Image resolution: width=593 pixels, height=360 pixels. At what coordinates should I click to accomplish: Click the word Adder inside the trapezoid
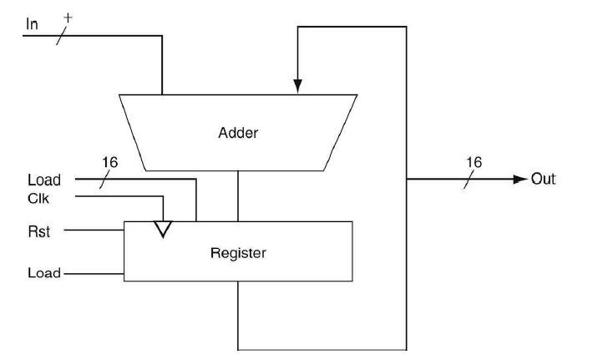[x=239, y=133]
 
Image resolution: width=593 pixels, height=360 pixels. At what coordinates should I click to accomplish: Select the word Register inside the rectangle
[x=239, y=252]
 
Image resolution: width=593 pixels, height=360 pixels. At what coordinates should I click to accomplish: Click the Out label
[x=545, y=179]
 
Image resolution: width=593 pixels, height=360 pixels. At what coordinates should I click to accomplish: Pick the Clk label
[x=38, y=198]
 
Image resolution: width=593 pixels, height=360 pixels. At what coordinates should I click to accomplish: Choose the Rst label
[x=38, y=231]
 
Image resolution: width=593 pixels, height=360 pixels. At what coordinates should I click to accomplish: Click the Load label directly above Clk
[x=44, y=180]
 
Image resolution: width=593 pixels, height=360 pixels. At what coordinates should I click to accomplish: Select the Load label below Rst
[x=43, y=273]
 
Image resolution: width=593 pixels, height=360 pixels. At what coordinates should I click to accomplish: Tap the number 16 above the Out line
[x=474, y=161]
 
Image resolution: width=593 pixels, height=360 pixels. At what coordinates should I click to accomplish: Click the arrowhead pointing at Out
[x=520, y=179]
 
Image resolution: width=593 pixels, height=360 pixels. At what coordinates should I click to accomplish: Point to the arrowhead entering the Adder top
[x=297, y=85]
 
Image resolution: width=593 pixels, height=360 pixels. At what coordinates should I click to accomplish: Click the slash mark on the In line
[x=59, y=36]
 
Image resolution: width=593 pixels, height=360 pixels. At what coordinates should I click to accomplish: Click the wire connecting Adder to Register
[x=239, y=195]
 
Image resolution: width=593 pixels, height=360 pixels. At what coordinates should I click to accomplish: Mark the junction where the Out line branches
[x=406, y=179]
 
